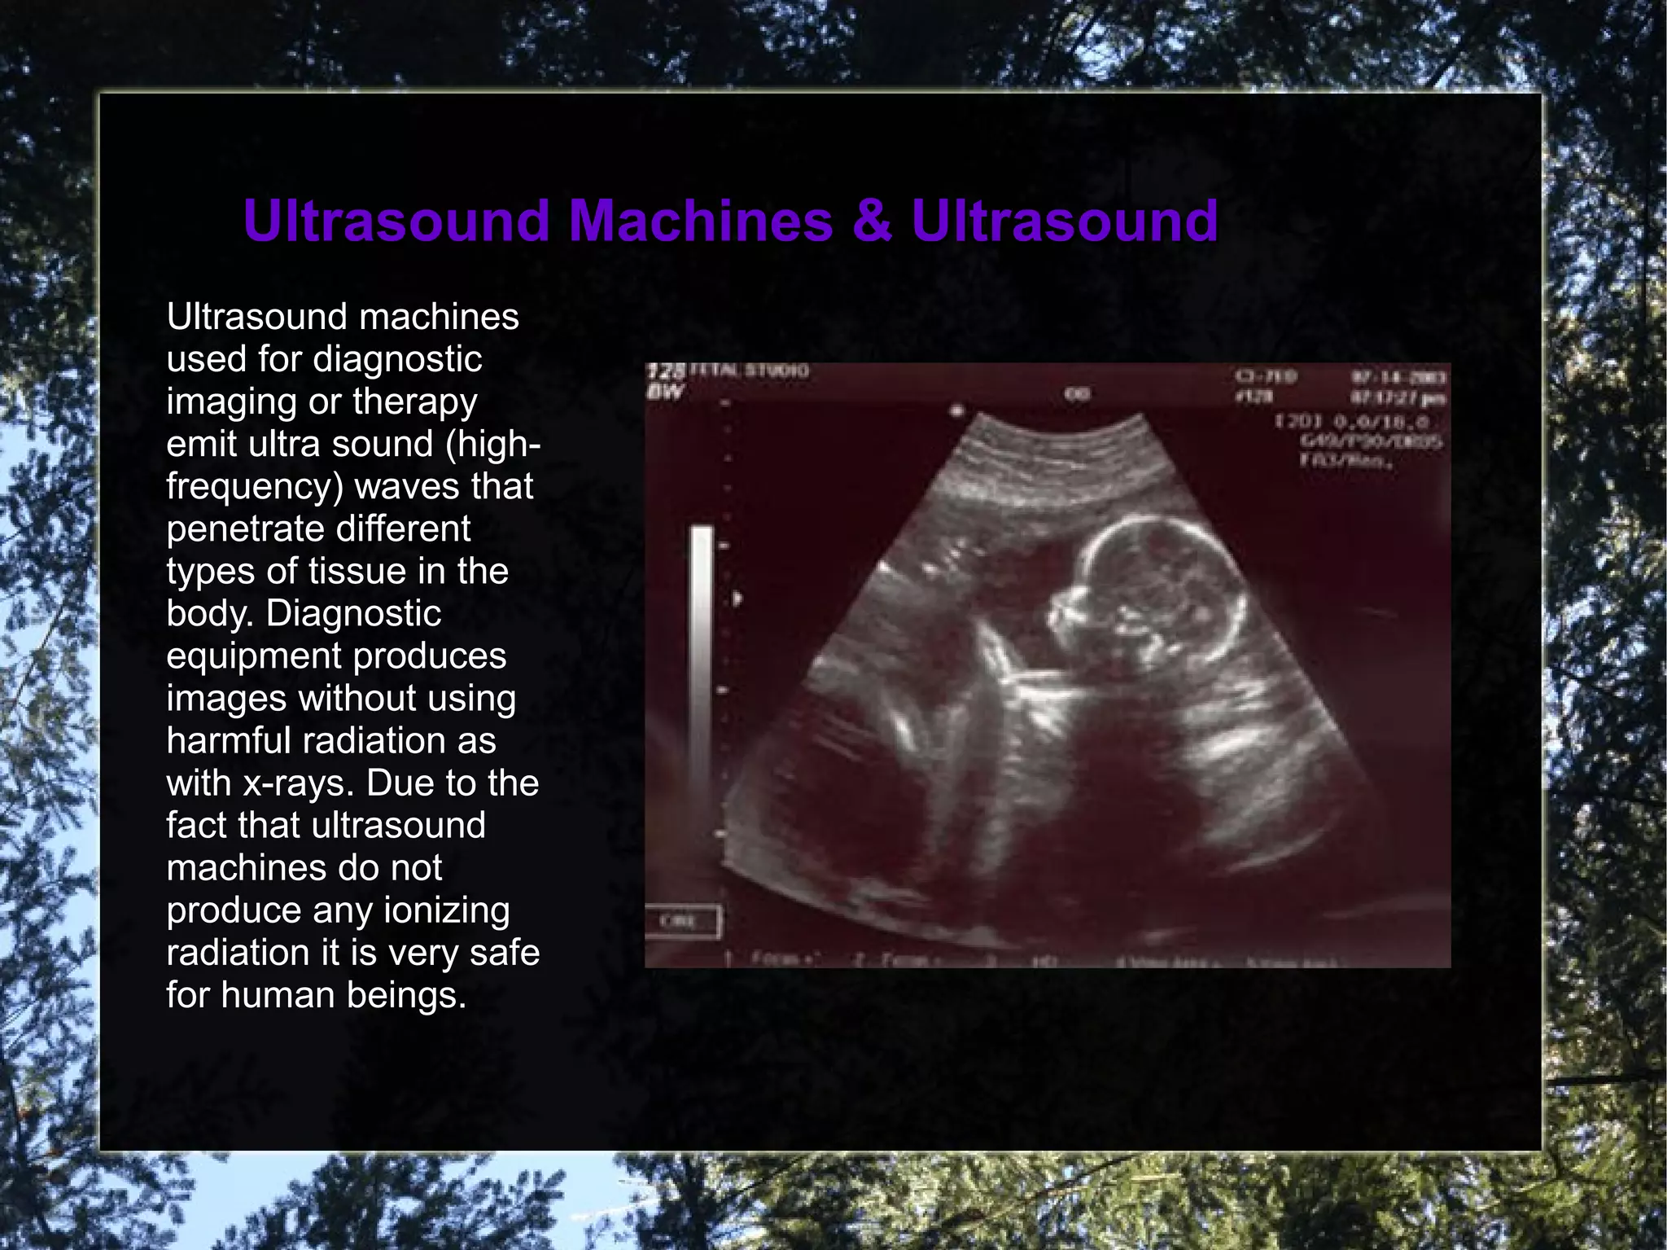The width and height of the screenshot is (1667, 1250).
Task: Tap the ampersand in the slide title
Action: [873, 221]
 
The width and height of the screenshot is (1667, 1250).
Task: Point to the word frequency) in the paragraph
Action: [256, 486]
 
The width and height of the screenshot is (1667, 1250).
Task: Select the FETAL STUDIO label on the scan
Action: [750, 371]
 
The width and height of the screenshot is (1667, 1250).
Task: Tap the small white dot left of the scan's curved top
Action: [958, 410]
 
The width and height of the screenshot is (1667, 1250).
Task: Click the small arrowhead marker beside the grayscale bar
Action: [737, 599]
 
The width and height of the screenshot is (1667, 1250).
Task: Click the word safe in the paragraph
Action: [505, 952]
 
